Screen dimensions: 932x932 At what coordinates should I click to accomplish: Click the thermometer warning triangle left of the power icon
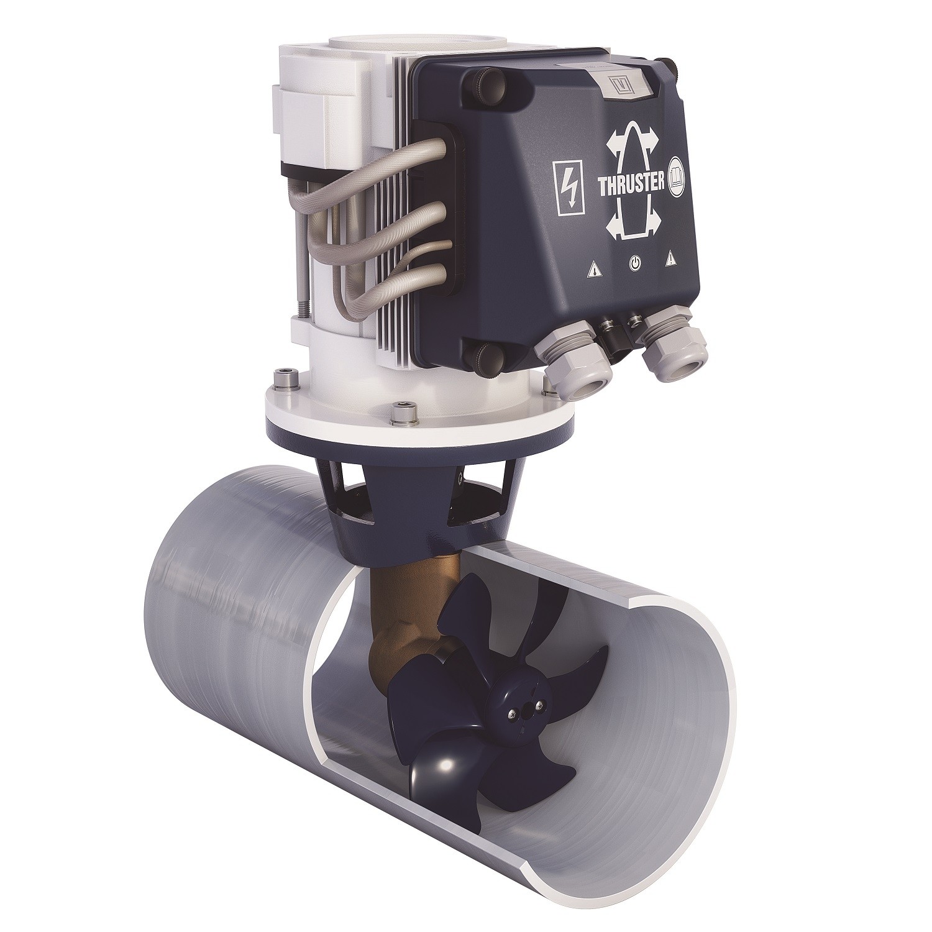pos(595,270)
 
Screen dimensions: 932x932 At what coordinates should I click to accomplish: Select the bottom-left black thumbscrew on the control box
pos(483,357)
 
